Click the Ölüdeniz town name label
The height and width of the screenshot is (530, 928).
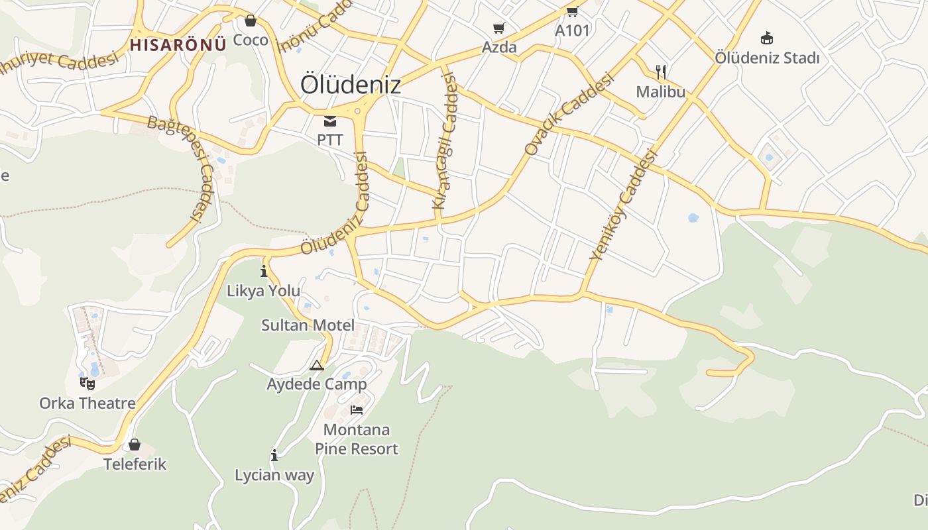coord(351,85)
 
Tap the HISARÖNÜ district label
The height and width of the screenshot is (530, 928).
coord(178,44)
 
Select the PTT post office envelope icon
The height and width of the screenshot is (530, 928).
coord(330,121)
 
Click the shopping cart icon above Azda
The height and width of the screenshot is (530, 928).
coord(499,28)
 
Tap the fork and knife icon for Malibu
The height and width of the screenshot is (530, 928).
coord(660,72)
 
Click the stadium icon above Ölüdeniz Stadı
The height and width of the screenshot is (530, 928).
coord(767,38)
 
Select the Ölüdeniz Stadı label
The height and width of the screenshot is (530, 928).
coord(767,58)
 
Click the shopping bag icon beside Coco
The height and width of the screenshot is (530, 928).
coord(251,21)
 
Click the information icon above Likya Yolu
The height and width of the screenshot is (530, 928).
coord(264,271)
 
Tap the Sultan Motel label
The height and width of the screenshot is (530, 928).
coord(308,325)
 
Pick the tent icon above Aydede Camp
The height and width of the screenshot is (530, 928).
coord(317,365)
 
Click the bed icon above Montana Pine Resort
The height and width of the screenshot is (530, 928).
coord(357,410)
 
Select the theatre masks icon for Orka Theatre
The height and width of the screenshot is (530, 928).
coord(87,383)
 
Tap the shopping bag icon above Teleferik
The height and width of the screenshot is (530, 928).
coord(135,444)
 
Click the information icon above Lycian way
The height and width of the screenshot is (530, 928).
coord(274,455)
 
